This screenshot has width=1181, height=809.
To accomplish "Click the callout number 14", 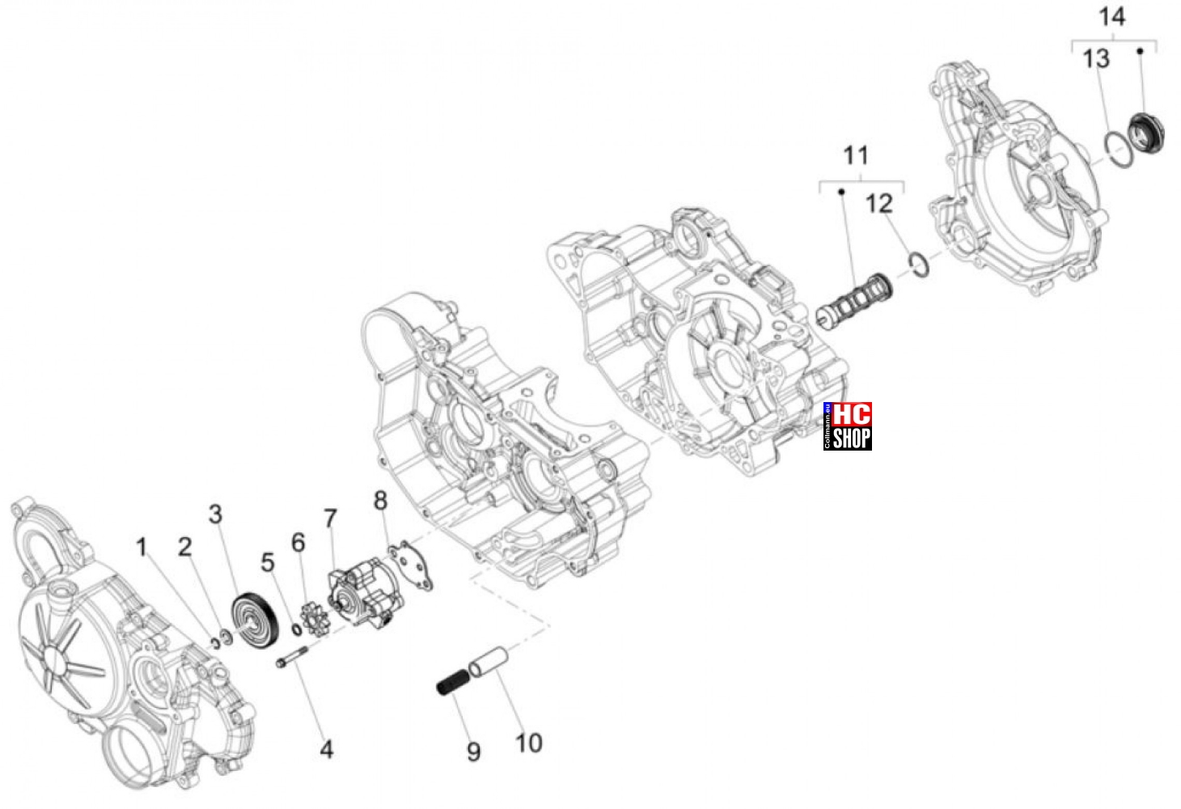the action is tap(1111, 17).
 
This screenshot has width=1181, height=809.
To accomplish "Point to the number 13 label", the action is tap(1096, 59).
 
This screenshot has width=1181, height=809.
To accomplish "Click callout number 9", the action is tap(473, 752).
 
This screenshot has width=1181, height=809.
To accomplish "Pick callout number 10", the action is tap(529, 743).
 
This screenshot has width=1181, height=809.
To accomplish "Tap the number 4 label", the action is tap(327, 749).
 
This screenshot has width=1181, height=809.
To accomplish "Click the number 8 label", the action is tap(381, 501).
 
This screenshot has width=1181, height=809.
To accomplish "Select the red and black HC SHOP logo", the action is tap(847, 426).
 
